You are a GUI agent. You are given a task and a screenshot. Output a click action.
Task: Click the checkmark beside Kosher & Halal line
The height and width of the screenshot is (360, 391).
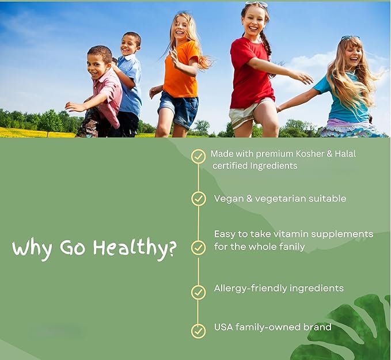tap(198, 156)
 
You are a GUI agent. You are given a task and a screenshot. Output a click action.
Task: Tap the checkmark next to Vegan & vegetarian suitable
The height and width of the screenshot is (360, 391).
tap(198, 199)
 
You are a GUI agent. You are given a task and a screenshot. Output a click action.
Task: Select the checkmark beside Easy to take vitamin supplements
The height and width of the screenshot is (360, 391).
tap(198, 248)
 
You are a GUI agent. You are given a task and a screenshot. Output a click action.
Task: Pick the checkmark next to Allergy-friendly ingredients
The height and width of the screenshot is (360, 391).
tap(198, 292)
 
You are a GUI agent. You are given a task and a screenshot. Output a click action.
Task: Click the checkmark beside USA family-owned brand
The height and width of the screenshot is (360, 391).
tap(198, 331)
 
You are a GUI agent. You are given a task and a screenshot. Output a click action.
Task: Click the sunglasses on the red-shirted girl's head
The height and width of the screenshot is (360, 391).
tap(257, 5)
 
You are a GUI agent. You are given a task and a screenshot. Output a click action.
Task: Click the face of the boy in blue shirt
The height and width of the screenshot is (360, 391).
tap(130, 44)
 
